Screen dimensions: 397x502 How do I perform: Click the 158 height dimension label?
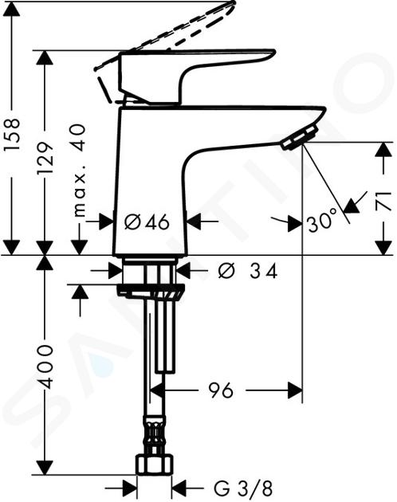(13, 134)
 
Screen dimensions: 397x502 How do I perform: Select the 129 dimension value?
(45, 158)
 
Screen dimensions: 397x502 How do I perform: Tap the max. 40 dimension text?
(79, 171)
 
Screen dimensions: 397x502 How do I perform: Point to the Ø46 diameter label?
(147, 222)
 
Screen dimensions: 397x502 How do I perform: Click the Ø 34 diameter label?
(247, 271)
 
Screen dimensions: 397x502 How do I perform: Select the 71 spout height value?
(383, 201)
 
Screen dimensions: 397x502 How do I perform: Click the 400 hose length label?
(45, 367)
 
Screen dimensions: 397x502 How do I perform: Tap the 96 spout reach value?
(220, 390)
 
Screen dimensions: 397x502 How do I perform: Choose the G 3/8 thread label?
(243, 488)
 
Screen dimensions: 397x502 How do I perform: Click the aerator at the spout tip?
(300, 137)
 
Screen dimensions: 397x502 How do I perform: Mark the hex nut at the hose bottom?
(155, 464)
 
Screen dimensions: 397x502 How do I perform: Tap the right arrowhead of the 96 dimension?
(295, 390)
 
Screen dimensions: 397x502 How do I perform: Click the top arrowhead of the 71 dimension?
(383, 150)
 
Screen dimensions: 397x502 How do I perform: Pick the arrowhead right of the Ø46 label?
(194, 222)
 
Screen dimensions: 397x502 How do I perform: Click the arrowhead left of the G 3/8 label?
(129, 488)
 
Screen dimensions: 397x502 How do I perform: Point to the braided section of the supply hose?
(155, 434)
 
